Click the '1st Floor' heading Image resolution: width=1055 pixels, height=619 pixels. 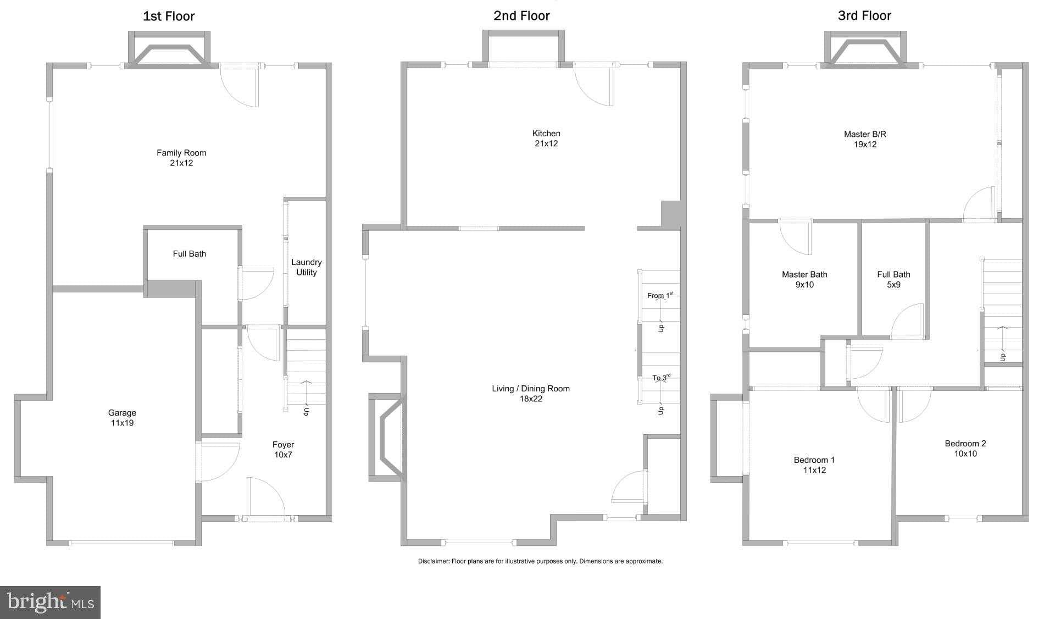(x=169, y=16)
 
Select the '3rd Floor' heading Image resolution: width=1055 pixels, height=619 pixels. (x=864, y=16)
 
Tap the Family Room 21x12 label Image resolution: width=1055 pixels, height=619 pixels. (x=181, y=158)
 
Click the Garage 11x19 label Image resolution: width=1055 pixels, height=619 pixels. (x=122, y=418)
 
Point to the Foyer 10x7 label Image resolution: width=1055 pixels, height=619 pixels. (x=283, y=450)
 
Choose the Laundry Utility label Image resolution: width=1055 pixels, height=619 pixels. (x=306, y=267)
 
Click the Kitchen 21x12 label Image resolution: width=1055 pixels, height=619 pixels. (x=546, y=139)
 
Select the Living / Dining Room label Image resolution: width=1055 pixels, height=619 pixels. (x=531, y=389)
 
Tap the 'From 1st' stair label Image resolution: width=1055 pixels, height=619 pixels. (x=659, y=296)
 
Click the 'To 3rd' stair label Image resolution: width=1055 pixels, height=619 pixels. (x=661, y=378)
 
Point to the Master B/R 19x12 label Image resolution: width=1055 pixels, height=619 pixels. (x=865, y=139)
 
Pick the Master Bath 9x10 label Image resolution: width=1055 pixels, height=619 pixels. (x=804, y=279)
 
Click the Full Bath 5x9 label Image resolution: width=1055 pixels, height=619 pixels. (x=893, y=279)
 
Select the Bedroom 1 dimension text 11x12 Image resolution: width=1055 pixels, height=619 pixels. (x=814, y=470)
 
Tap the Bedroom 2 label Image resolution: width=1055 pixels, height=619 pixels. (x=965, y=444)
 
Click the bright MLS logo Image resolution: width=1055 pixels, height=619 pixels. (x=50, y=603)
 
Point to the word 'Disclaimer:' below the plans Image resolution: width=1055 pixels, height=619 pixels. (x=434, y=561)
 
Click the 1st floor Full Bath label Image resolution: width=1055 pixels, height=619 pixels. (x=190, y=254)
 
